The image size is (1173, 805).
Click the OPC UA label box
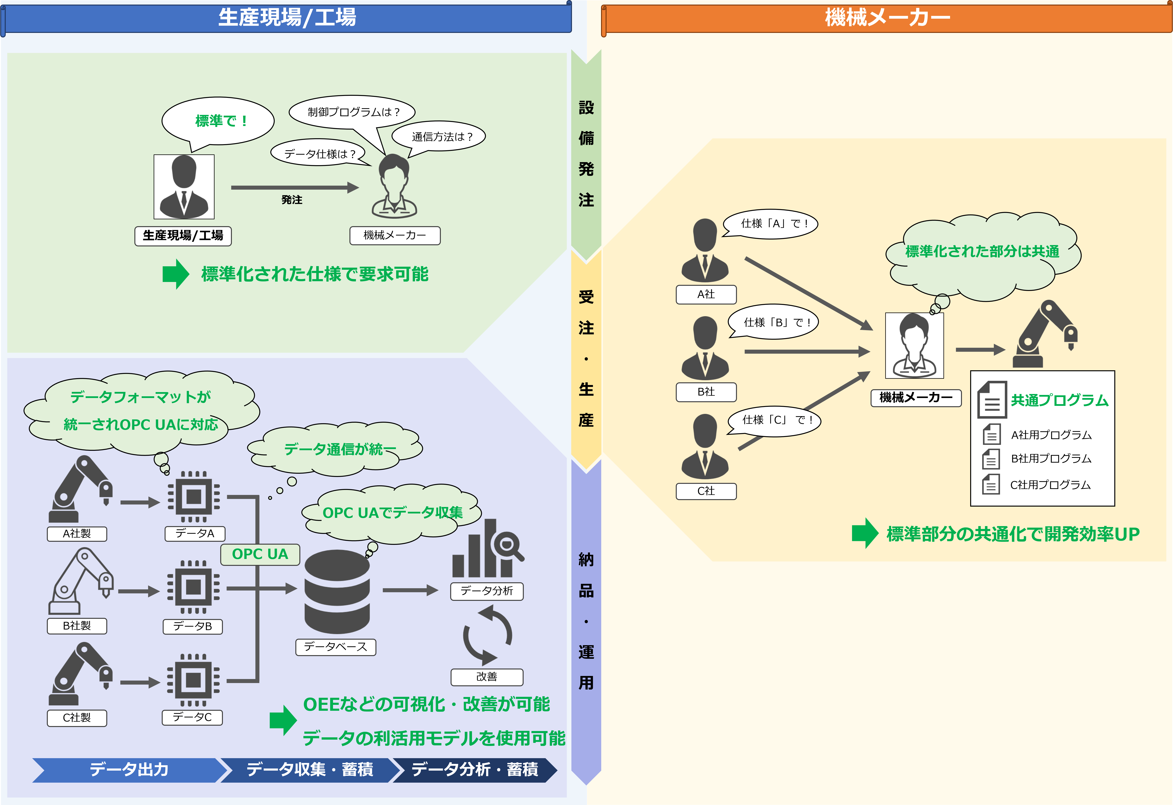click(x=260, y=554)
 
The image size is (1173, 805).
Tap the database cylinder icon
click(x=337, y=591)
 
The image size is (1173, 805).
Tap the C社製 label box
click(x=77, y=718)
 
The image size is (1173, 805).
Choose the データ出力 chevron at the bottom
click(x=129, y=770)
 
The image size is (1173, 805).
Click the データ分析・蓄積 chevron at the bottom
click(x=474, y=770)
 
